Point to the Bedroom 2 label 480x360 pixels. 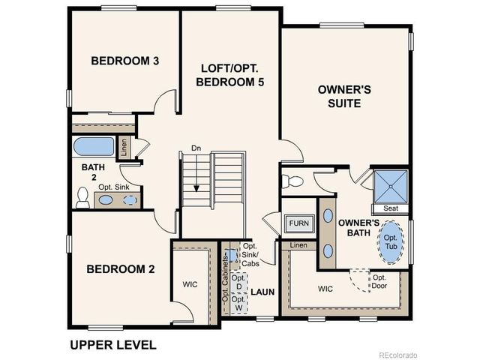[120, 268]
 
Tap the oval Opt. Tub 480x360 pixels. [391, 242]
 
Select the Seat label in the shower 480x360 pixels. [390, 208]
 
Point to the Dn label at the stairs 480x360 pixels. [196, 148]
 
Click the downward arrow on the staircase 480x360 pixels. [196, 180]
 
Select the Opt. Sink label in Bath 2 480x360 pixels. [115, 186]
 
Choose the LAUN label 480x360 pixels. [262, 291]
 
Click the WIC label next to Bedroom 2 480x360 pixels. [190, 284]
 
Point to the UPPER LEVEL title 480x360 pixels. [112, 345]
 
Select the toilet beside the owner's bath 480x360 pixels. [295, 180]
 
